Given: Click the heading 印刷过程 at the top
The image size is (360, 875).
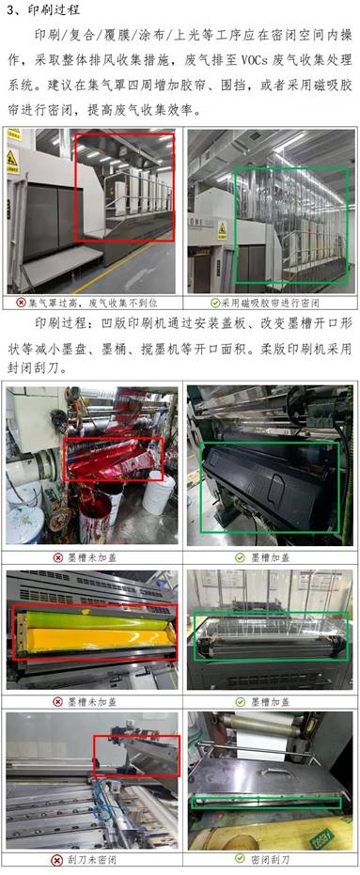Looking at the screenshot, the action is tap(55, 10).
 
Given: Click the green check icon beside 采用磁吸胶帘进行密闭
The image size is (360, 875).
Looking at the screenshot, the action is tap(215, 303).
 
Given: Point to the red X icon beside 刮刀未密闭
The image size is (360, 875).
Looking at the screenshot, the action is tap(56, 859).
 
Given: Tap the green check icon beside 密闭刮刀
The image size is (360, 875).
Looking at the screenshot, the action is tap(240, 858).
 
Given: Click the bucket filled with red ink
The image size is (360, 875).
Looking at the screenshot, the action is tap(95, 512).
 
